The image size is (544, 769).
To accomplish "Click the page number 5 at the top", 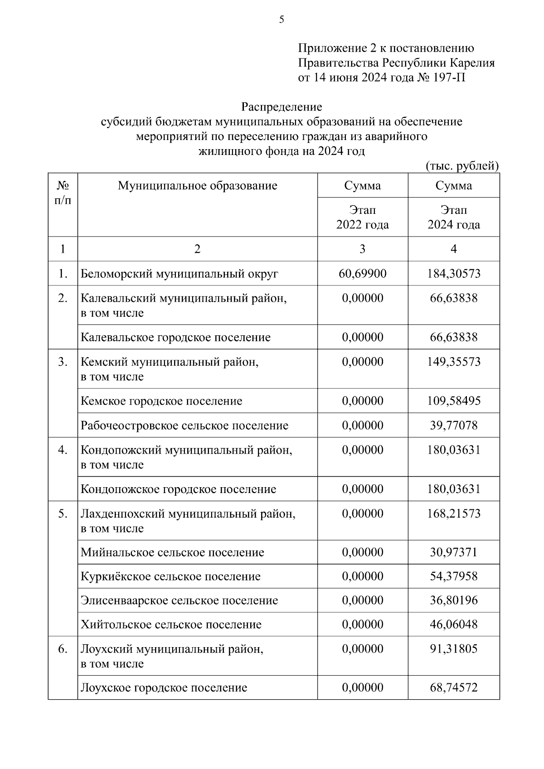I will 282,19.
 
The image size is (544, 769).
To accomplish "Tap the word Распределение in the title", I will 282,107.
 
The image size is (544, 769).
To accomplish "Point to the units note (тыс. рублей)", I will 462,166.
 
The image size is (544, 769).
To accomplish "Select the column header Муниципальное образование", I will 197,185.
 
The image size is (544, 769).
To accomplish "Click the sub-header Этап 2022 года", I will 362,217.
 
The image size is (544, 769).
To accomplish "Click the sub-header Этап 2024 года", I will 454,217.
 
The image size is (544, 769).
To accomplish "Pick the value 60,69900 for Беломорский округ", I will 362,273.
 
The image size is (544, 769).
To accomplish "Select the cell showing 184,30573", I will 454,273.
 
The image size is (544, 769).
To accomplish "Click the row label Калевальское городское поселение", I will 175,337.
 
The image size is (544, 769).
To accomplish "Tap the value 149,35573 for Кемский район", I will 454,362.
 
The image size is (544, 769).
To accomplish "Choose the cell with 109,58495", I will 454,401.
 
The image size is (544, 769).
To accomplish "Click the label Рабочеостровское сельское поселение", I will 185,425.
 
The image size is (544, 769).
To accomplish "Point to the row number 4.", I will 63,450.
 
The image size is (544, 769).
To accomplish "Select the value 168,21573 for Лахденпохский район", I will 454,513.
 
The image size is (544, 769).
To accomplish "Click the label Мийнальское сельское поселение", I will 172,552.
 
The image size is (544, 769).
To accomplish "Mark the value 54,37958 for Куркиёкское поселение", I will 454,576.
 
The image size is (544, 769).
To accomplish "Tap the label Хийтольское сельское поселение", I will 171,624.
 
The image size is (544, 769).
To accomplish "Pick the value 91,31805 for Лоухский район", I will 454,648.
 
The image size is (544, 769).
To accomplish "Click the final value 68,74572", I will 454,687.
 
